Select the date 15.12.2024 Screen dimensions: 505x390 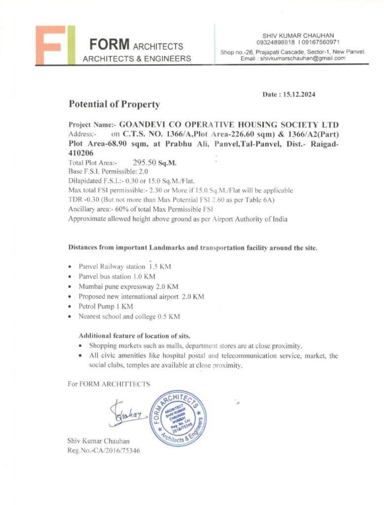click(x=297, y=94)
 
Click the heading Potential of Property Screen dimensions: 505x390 click(x=114, y=105)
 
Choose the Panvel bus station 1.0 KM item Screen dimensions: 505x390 click(x=117, y=277)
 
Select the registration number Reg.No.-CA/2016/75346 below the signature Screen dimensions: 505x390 click(x=104, y=450)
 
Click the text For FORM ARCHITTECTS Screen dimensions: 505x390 click(x=109, y=384)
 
